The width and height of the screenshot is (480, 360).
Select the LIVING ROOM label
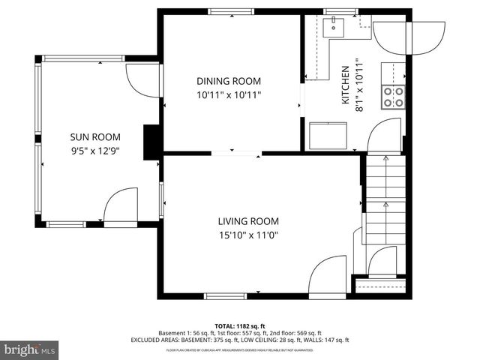point(248,221)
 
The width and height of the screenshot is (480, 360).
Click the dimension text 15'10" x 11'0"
point(248,234)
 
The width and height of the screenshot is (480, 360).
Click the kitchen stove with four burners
point(394,96)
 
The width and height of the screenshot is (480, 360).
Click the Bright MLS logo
point(30,349)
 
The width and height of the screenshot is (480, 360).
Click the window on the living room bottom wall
point(225,296)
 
